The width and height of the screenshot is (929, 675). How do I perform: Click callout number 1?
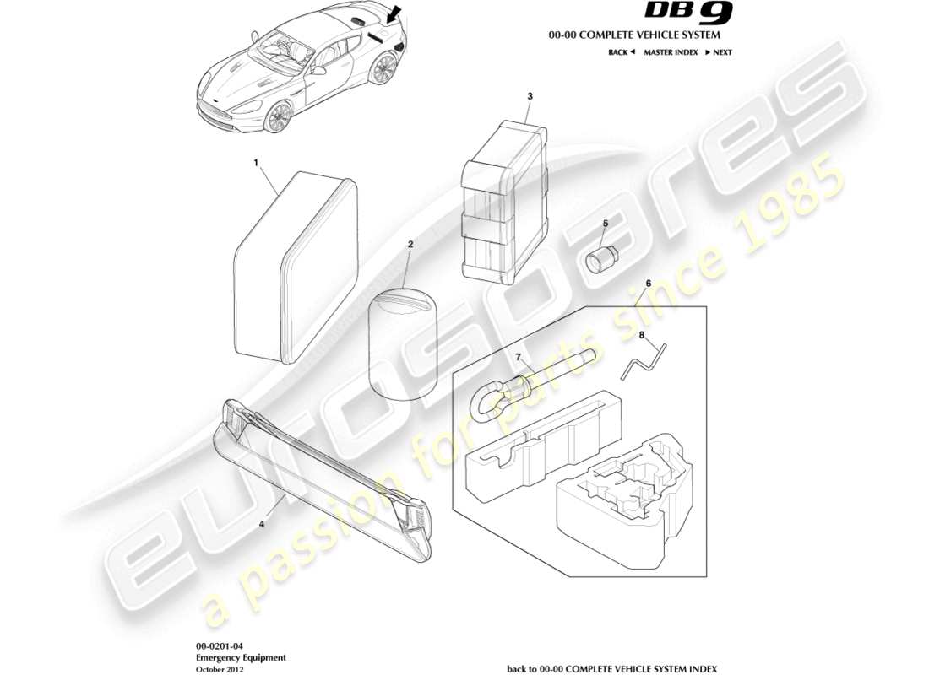(x=256, y=160)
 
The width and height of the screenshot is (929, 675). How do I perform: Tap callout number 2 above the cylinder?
(x=410, y=245)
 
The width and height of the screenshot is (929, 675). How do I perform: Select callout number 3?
(x=530, y=97)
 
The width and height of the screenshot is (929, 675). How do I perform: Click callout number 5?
(x=605, y=224)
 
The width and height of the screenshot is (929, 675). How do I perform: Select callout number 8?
(x=641, y=335)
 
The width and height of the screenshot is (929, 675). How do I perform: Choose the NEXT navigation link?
(x=719, y=52)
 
